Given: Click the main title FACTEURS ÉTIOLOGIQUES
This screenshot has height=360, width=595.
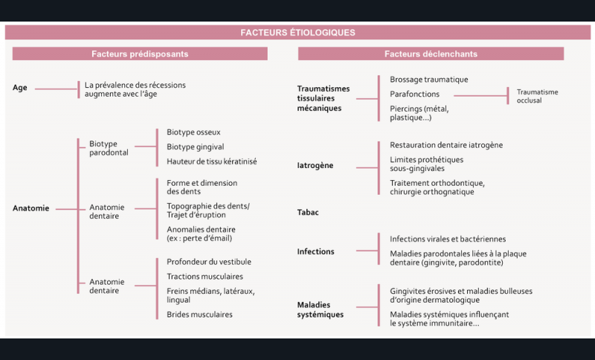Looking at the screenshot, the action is [x=298, y=33].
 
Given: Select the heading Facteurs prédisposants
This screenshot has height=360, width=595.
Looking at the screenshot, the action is [x=140, y=54].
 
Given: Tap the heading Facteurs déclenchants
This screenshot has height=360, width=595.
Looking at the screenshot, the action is [x=431, y=54].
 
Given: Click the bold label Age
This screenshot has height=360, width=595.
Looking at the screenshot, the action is [x=20, y=88].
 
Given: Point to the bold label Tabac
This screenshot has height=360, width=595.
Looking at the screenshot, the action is [x=308, y=212].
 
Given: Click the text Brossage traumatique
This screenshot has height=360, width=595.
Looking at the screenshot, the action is [x=429, y=80].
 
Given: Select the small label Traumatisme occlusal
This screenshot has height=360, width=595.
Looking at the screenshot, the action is [x=537, y=96].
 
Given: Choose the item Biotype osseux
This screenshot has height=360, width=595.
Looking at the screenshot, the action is [x=193, y=132].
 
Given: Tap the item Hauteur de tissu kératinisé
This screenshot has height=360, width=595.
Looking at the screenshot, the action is [x=212, y=161].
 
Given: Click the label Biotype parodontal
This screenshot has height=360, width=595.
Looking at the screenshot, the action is [x=109, y=148].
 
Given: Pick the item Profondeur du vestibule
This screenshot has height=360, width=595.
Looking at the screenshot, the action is [x=209, y=262].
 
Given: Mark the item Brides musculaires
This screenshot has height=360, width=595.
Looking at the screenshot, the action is [x=199, y=315].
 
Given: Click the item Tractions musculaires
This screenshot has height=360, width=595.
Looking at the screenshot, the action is [x=205, y=277].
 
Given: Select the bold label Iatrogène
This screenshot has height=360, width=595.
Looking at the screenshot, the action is [x=315, y=165].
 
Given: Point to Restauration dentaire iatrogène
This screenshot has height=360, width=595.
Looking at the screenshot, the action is [x=446, y=145].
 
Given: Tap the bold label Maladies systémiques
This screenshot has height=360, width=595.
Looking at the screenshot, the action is [x=321, y=309].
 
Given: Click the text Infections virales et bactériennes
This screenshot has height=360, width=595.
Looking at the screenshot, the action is [x=448, y=239].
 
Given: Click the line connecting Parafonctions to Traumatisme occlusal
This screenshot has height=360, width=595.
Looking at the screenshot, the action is [x=480, y=96].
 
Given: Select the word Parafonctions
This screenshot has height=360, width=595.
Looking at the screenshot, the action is [x=414, y=94].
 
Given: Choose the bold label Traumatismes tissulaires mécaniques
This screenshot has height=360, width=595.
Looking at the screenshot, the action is [x=324, y=98].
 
